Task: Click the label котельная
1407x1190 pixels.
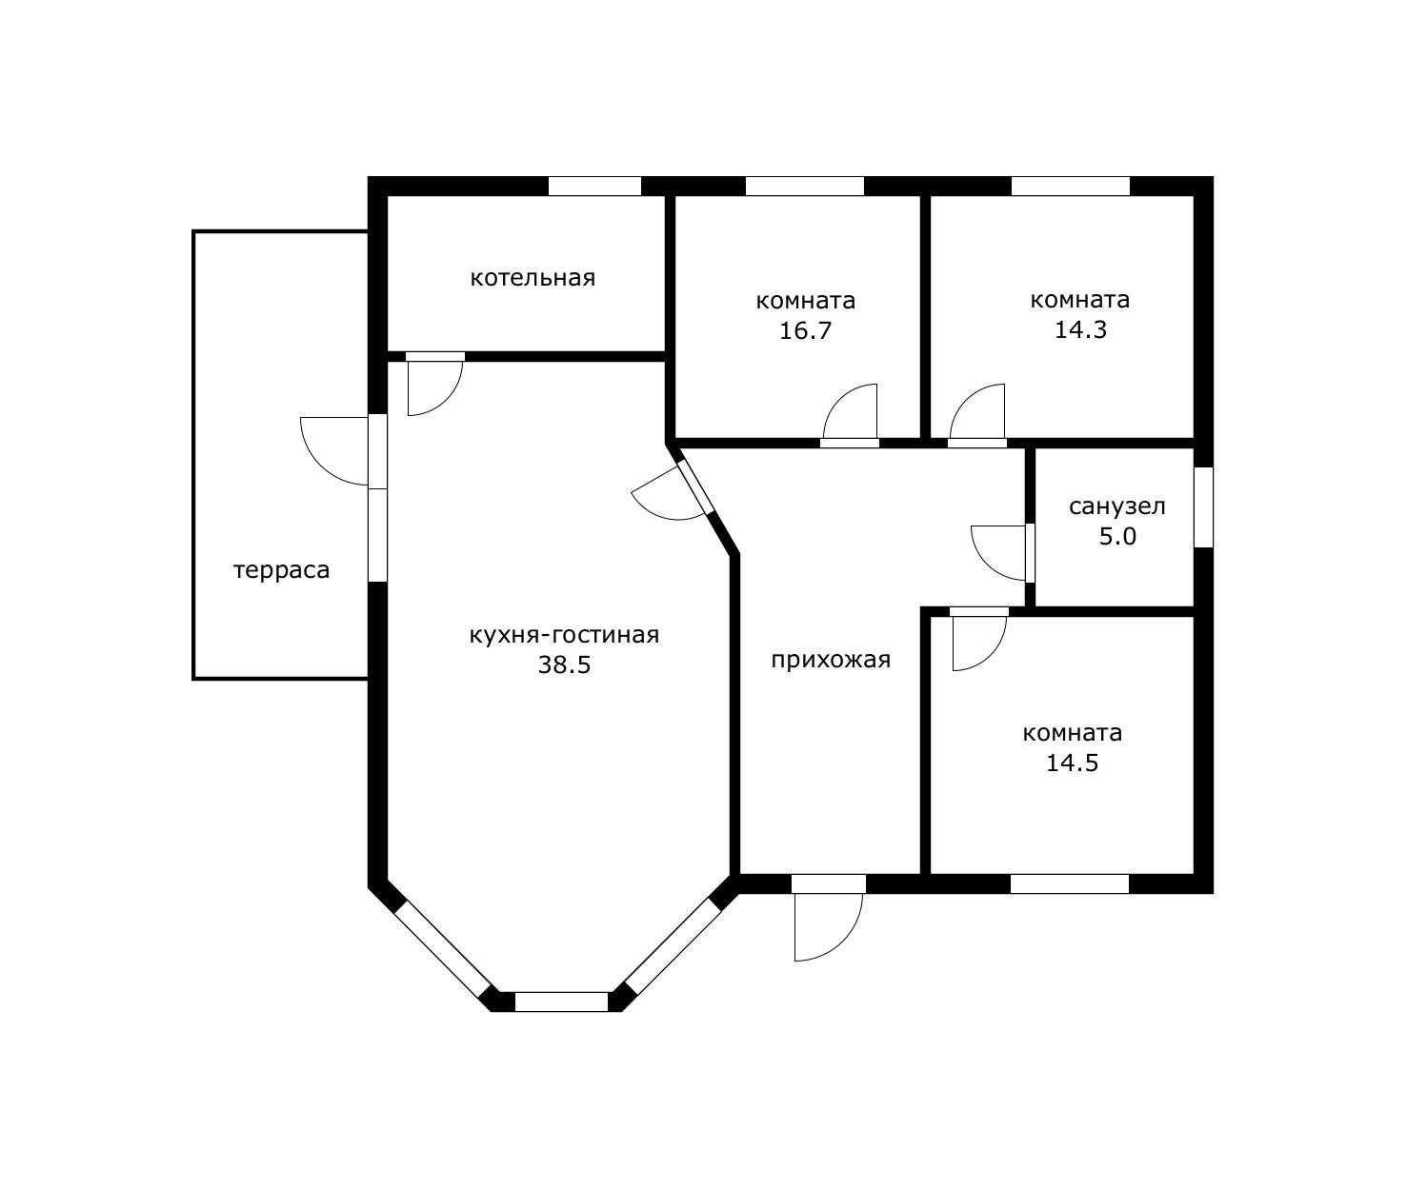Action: point(533,278)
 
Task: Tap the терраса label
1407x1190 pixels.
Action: point(281,570)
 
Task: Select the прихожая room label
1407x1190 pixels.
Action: point(831,660)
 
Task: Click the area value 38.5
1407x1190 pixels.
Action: point(564,664)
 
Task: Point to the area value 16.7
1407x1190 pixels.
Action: point(805,330)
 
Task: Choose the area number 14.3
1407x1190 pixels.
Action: point(1080,330)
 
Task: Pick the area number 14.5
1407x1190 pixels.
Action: point(1072,764)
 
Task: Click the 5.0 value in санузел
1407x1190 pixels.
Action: point(1117,537)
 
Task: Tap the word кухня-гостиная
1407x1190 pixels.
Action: point(564,635)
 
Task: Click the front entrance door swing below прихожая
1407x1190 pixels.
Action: point(828,926)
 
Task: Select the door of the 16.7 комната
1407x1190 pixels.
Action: point(850,411)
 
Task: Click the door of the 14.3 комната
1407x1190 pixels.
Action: point(977,411)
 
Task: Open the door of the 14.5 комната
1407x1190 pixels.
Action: point(979,644)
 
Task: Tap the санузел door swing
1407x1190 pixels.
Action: point(998,553)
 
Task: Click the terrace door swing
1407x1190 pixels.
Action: point(334,451)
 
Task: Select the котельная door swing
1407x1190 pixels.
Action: point(435,388)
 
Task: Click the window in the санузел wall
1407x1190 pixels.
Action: point(1203,506)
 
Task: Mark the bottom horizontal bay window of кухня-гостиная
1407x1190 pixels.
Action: point(561,1002)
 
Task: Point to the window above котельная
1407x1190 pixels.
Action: point(595,186)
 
